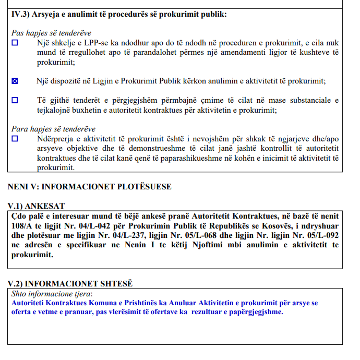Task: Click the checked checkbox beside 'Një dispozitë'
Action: (15, 81)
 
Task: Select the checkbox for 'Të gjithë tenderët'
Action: (15, 100)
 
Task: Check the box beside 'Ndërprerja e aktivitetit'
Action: (15, 139)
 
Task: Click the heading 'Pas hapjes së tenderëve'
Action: (51, 32)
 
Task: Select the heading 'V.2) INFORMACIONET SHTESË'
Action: (70, 283)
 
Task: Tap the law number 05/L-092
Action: (318, 236)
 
